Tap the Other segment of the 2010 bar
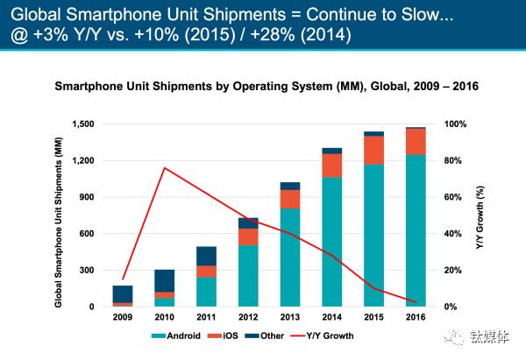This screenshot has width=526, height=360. [x=164, y=280]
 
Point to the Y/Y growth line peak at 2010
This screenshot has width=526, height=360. [x=164, y=167]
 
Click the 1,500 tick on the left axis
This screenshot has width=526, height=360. [x=82, y=124]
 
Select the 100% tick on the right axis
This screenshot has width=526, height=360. [x=455, y=124]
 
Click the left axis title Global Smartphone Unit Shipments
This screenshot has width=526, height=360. [x=59, y=215]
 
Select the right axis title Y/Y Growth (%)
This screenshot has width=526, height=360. [x=480, y=215]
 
